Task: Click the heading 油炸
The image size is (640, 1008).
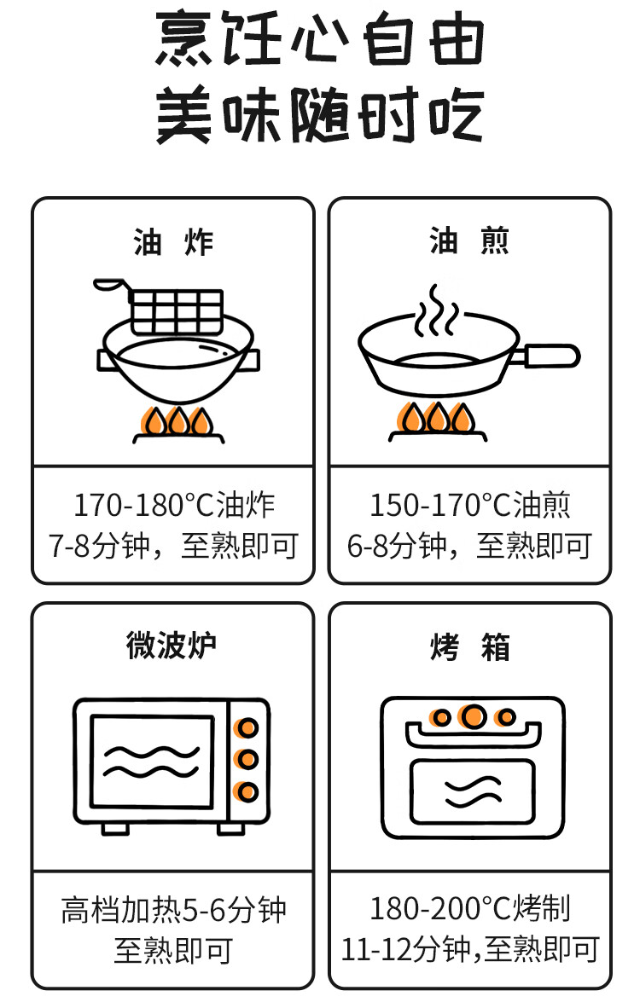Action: coord(173,242)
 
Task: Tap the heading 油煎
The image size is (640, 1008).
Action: coord(469,242)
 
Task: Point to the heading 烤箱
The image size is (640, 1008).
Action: coord(469,647)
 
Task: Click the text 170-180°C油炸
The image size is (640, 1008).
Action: coord(174,505)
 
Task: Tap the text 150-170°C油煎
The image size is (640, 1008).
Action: coord(469,505)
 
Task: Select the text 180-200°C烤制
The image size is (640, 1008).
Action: coord(469,908)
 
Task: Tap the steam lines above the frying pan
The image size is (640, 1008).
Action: coord(435,311)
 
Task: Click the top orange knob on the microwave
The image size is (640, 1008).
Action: coord(247,727)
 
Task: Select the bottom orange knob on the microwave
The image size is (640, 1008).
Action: coord(247,791)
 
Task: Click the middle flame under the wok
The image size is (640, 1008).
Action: coord(178,421)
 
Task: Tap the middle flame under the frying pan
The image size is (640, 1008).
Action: coord(438,419)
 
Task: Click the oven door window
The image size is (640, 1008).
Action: coord(472,790)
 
